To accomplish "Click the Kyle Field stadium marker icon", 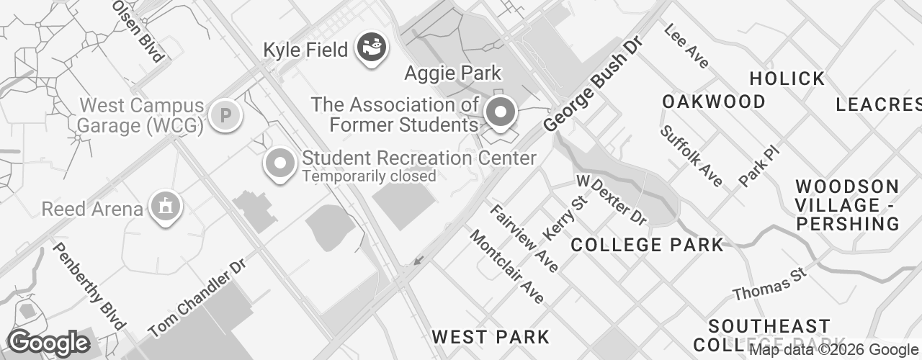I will click(372, 48).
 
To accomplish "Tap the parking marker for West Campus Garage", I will click(225, 114).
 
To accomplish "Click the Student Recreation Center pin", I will click(279, 163).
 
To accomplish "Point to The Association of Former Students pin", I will click(501, 112).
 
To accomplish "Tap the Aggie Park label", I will click(452, 73).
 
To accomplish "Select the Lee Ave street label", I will click(686, 47).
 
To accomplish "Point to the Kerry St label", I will click(565, 217).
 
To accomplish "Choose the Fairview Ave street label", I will click(524, 238).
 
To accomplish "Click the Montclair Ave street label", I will click(507, 266).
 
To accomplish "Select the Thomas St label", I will click(769, 284).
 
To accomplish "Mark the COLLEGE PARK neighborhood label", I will click(647, 245).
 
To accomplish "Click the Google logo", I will click(48, 343).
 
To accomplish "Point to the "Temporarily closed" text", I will click(369, 176).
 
